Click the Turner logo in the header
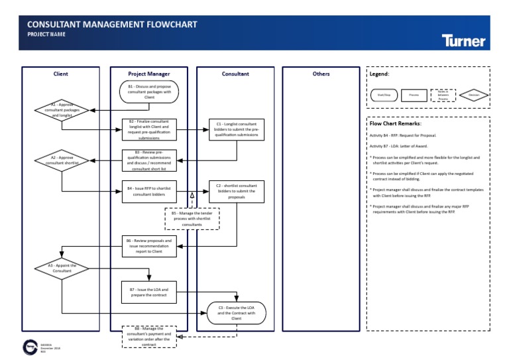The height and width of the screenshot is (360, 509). point(463,40)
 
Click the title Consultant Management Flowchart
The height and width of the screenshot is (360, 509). point(112,25)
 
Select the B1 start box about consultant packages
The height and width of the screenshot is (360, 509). point(149,92)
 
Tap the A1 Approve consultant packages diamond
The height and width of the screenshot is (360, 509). point(61,109)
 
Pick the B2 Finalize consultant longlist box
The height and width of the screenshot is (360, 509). point(149,129)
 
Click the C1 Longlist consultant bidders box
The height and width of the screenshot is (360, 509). point(237,129)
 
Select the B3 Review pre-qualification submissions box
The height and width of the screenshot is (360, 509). point(149,160)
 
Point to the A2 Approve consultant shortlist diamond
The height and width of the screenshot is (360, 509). point(61,161)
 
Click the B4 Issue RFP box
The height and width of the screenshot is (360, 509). point(149,192)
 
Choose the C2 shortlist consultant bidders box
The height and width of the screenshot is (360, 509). point(237,192)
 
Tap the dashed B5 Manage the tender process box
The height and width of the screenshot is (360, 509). point(192,219)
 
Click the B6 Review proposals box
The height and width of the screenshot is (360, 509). point(149,246)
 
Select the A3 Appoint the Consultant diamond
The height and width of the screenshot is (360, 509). point(61,269)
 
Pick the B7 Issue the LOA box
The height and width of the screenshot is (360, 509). point(149,292)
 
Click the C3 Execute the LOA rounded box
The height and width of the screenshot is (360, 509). point(237,312)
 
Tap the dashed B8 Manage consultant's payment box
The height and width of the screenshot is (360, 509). point(149,336)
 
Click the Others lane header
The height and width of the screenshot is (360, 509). point(321,74)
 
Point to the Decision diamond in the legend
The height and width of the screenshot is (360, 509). point(473,95)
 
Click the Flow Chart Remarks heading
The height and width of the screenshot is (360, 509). point(396,123)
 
